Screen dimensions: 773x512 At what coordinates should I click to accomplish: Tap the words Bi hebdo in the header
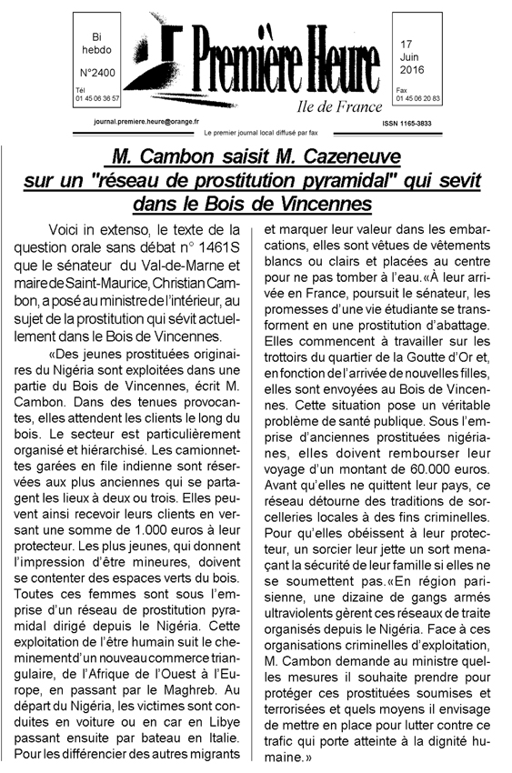95,44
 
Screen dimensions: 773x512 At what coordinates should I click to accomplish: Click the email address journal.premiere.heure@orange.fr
151,119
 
